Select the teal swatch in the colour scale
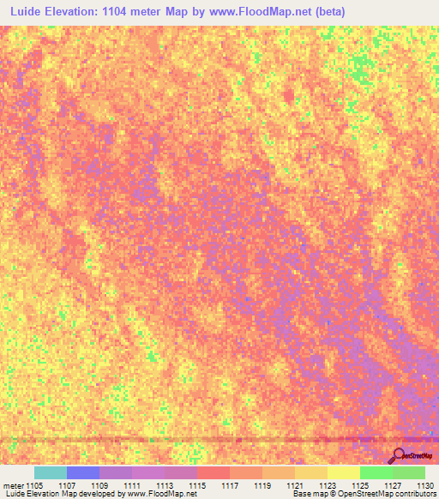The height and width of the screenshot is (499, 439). (51, 472)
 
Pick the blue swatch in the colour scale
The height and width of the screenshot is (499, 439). (83, 472)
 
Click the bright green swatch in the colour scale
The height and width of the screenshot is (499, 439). (376, 472)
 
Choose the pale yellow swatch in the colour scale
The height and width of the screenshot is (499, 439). (344, 472)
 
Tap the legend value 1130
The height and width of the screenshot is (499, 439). (424, 484)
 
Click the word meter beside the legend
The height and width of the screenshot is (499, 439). (15, 484)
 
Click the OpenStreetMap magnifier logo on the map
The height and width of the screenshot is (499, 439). (398, 454)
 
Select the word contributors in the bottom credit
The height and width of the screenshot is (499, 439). (414, 494)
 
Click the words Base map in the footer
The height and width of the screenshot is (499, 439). (310, 494)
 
